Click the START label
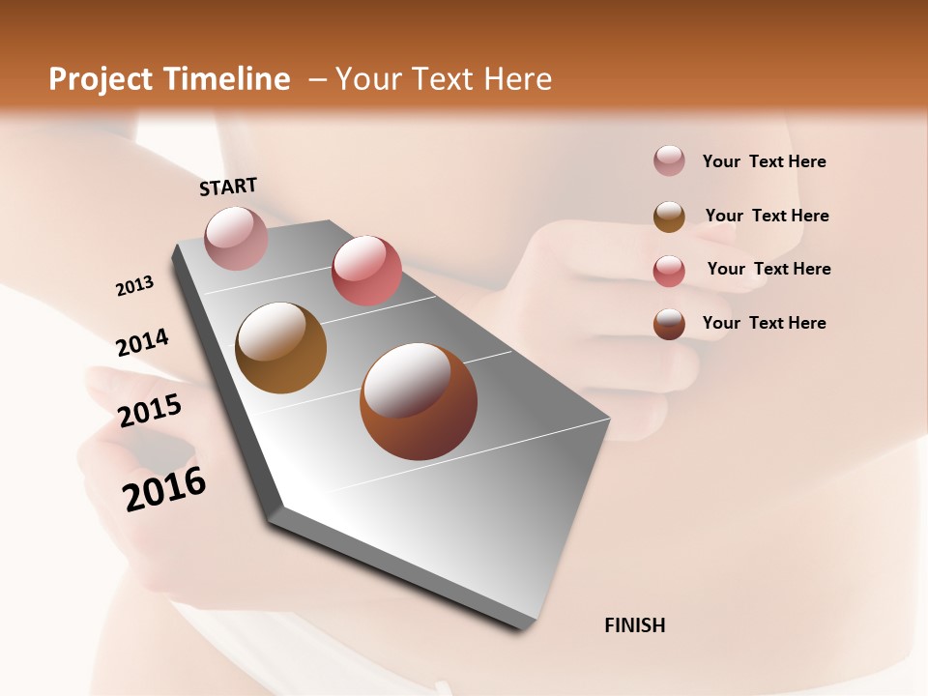tap(228, 186)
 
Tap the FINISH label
tap(635, 625)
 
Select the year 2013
tap(135, 286)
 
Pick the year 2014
tap(142, 342)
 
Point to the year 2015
tap(150, 410)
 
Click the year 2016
tap(164, 489)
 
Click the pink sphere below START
tap(237, 238)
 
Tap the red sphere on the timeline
tap(366, 270)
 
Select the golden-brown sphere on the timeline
tap(281, 348)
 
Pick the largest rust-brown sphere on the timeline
tap(419, 401)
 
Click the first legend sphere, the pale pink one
tap(669, 161)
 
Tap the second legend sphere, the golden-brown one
tap(669, 217)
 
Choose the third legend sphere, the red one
tap(669, 271)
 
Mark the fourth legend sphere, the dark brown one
tap(669, 324)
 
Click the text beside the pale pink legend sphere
tap(764, 161)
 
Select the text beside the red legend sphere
tap(768, 269)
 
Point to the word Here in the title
tap(517, 79)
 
